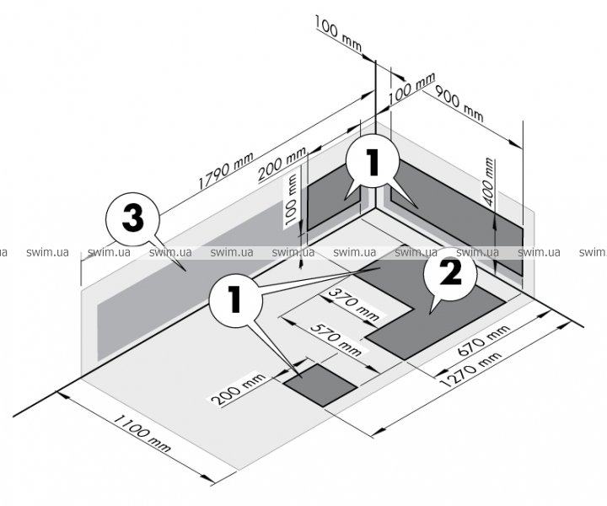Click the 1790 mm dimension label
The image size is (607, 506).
[226, 170]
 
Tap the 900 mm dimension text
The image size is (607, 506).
[459, 104]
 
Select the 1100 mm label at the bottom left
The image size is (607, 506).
[142, 433]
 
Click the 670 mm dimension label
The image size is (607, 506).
[484, 340]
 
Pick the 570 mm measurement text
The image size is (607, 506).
[336, 340]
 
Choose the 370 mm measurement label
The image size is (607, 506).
[352, 304]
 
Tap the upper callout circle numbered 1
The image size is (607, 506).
[372, 162]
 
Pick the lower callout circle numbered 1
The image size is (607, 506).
[236, 299]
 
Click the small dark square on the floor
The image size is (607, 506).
[320, 385]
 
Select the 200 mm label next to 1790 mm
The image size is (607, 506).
[282, 164]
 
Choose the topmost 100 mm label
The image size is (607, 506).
[339, 34]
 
